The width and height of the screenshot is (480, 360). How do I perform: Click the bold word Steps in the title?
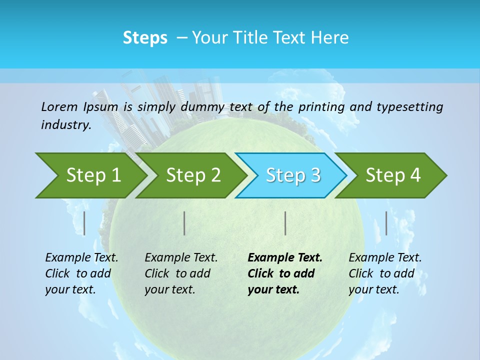coord(145,38)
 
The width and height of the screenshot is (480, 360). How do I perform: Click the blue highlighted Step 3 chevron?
coord(293,175)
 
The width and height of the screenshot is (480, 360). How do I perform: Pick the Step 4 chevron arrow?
coord(393,175)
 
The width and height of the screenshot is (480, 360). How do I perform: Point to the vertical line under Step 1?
coord(84,223)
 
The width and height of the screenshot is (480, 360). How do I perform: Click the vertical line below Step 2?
coord(184,223)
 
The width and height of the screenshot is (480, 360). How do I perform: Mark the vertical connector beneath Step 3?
coord(285,223)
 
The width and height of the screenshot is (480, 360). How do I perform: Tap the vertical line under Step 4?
coord(386,223)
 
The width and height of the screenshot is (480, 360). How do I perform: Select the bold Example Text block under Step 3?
coord(285,273)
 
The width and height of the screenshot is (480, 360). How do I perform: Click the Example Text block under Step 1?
coord(81,273)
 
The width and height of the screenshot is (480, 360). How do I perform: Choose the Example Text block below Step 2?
coord(181,273)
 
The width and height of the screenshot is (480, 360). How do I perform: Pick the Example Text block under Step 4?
coord(385,273)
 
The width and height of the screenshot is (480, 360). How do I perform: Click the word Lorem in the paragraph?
coord(59,107)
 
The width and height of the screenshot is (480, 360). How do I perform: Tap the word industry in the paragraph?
coord(66,125)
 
